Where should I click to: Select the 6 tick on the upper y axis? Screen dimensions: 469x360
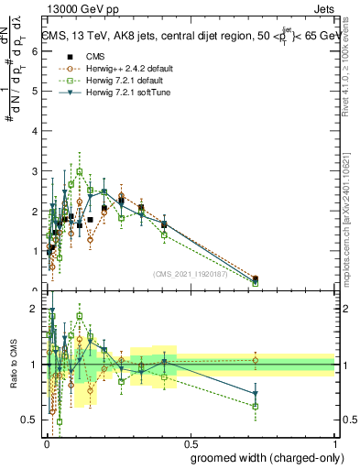[36, 52]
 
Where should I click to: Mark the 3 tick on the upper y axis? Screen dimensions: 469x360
[36, 171]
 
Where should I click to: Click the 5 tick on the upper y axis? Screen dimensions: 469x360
[36, 92]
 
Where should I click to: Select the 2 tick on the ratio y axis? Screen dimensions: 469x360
[36, 309]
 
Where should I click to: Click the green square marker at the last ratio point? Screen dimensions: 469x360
[256, 406]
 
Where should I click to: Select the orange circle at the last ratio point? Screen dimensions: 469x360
[256, 360]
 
